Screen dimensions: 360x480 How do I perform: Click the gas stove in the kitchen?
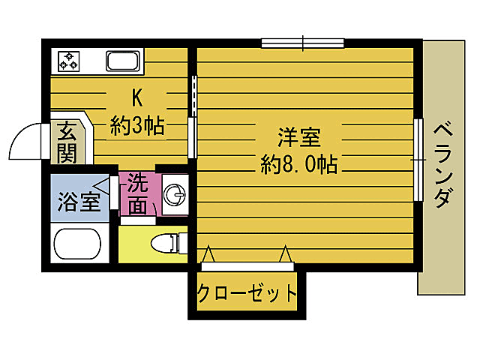click(69, 61)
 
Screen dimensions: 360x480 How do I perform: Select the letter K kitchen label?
click(136, 98)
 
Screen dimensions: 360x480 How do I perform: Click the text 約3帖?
click(137, 124)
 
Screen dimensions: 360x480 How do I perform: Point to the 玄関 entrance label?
click(66, 142)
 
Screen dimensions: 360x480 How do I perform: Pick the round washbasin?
click(176, 196)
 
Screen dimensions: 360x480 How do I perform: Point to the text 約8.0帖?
click(299, 163)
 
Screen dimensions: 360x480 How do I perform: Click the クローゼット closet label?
click(247, 292)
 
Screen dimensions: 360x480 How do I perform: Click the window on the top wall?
click(303, 42)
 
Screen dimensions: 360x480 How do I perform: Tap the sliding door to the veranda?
click(418, 159)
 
